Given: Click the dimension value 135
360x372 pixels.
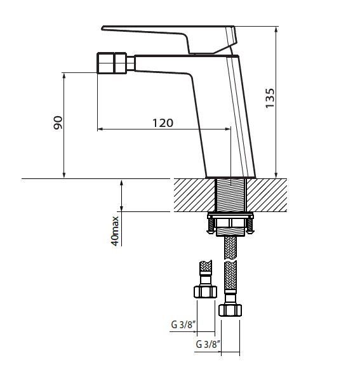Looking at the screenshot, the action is pyautogui.click(x=270, y=98).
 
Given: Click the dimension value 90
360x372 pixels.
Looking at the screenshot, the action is pyautogui.click(x=58, y=123).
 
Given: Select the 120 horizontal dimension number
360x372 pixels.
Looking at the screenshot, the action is pyautogui.click(x=163, y=123).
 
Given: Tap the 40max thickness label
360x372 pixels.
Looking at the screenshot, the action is pyautogui.click(x=115, y=231).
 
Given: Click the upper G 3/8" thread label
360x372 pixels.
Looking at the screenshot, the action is pyautogui.click(x=183, y=324).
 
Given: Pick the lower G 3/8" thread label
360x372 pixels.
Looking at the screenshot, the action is pyautogui.click(x=208, y=344).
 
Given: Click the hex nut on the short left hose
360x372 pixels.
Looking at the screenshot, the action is pyautogui.click(x=205, y=292).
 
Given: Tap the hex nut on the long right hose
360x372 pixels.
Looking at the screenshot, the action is pyautogui.click(x=230, y=310).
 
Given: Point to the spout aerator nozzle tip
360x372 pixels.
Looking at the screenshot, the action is pyautogui.click(x=112, y=63).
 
